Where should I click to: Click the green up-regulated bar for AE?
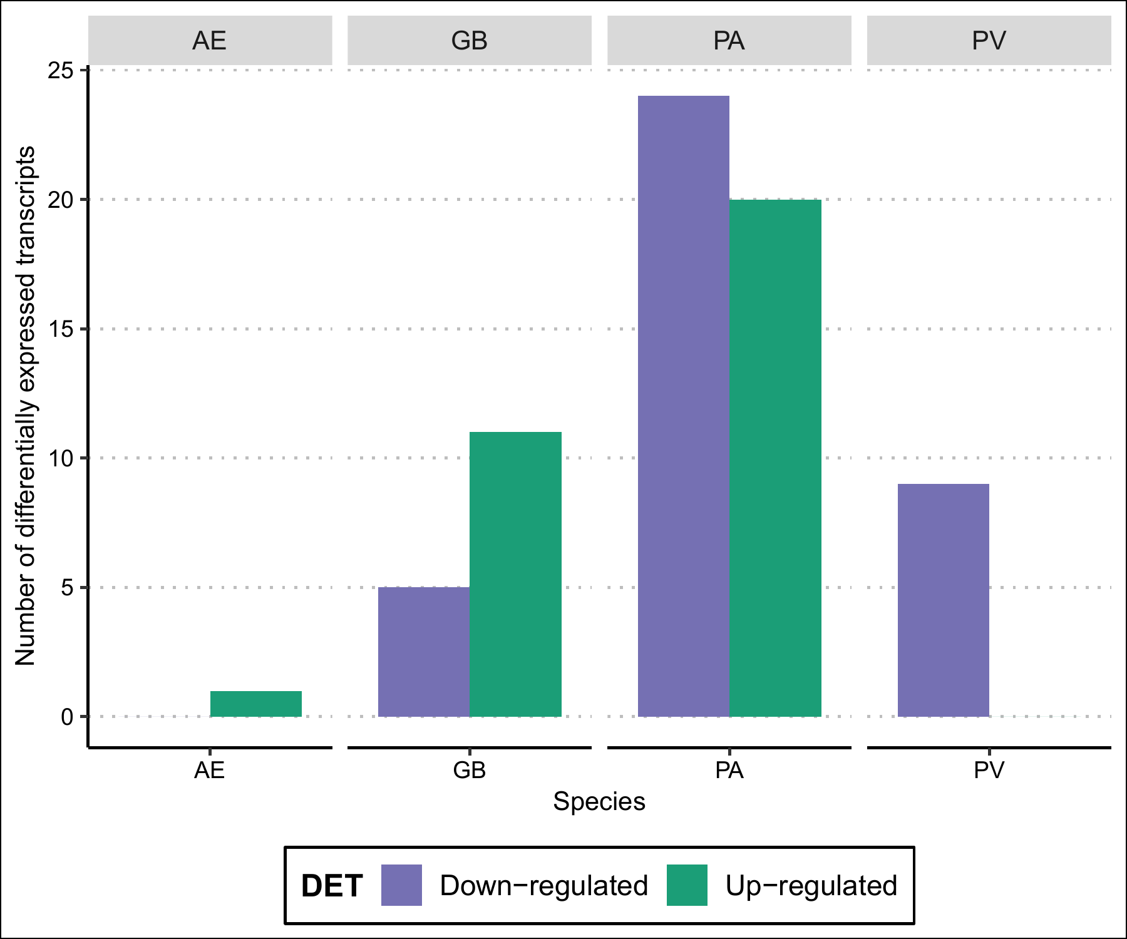click(256, 704)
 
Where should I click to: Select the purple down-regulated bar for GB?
click(424, 652)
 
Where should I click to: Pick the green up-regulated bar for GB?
click(515, 574)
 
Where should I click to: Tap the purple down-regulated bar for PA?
click(684, 406)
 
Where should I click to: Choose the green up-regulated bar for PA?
click(775, 458)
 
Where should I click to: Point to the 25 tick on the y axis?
click(61, 70)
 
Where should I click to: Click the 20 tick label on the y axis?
click(61, 200)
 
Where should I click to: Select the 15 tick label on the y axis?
click(61, 329)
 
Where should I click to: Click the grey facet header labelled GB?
click(470, 41)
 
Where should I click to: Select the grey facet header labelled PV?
click(989, 41)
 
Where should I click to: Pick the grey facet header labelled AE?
click(210, 41)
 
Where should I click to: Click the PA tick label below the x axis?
click(729, 770)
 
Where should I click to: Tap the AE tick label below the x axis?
click(210, 770)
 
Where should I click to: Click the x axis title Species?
click(599, 802)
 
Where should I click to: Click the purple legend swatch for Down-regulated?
click(401, 885)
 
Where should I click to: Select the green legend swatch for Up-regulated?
click(687, 885)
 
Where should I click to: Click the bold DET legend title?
click(332, 886)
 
